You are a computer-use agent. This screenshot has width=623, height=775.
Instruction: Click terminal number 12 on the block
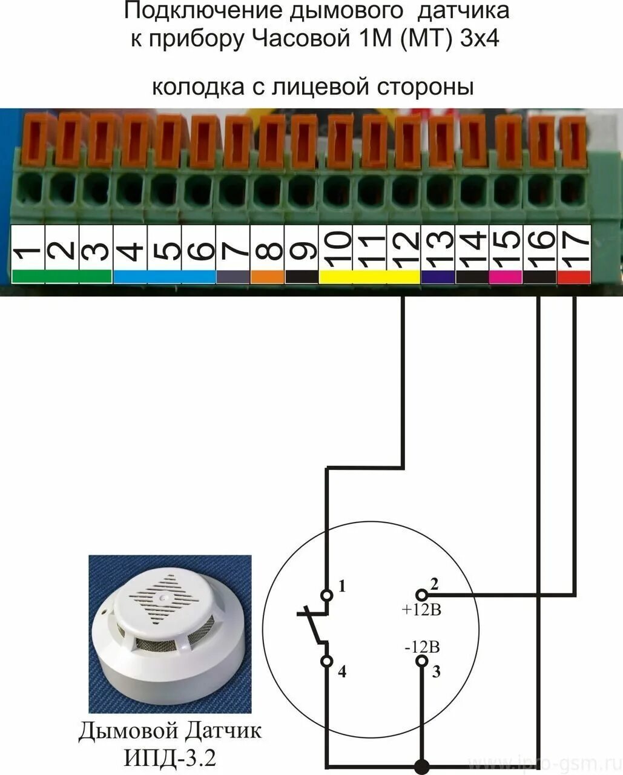click(404, 247)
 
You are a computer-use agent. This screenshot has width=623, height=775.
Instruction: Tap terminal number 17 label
click(574, 247)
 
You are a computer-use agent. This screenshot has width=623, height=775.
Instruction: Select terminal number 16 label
click(540, 247)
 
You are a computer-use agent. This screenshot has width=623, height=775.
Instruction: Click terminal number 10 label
click(336, 247)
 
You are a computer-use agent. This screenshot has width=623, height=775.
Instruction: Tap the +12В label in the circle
click(421, 610)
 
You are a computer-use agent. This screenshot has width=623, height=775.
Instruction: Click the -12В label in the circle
click(421, 646)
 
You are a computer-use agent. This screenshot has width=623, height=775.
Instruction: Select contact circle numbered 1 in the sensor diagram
click(327, 595)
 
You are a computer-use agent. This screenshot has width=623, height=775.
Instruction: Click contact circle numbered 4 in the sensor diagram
click(327, 661)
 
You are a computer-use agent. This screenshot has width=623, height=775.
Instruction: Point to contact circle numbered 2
click(421, 595)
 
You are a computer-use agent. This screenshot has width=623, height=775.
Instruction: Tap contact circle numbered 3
click(421, 661)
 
